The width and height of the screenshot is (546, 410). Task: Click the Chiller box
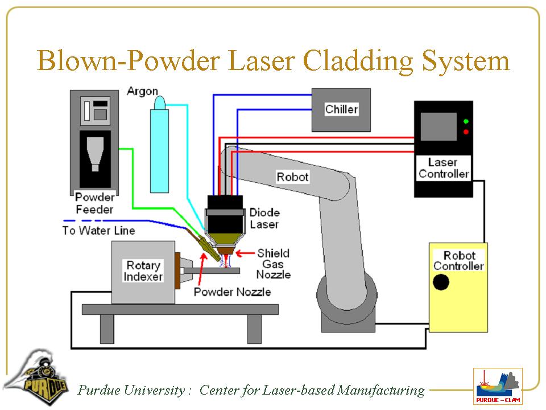[x=341, y=109]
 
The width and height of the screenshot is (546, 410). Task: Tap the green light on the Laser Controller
[x=466, y=121]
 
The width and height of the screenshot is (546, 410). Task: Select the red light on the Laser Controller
[x=466, y=132]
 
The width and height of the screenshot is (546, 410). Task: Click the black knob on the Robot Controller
[x=441, y=282]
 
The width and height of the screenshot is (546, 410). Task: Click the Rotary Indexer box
[x=143, y=272]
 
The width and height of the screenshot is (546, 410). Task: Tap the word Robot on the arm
[x=292, y=177]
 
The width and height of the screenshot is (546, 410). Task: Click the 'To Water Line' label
[x=98, y=231]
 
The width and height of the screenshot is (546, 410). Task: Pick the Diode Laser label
[x=264, y=218]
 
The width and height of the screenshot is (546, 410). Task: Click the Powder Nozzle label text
[x=232, y=292]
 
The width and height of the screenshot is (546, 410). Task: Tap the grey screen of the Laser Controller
[x=438, y=126]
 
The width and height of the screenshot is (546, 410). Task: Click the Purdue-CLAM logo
[x=498, y=386]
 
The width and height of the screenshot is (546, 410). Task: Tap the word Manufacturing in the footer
[x=380, y=390]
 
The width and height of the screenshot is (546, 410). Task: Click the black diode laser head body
[x=225, y=207]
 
